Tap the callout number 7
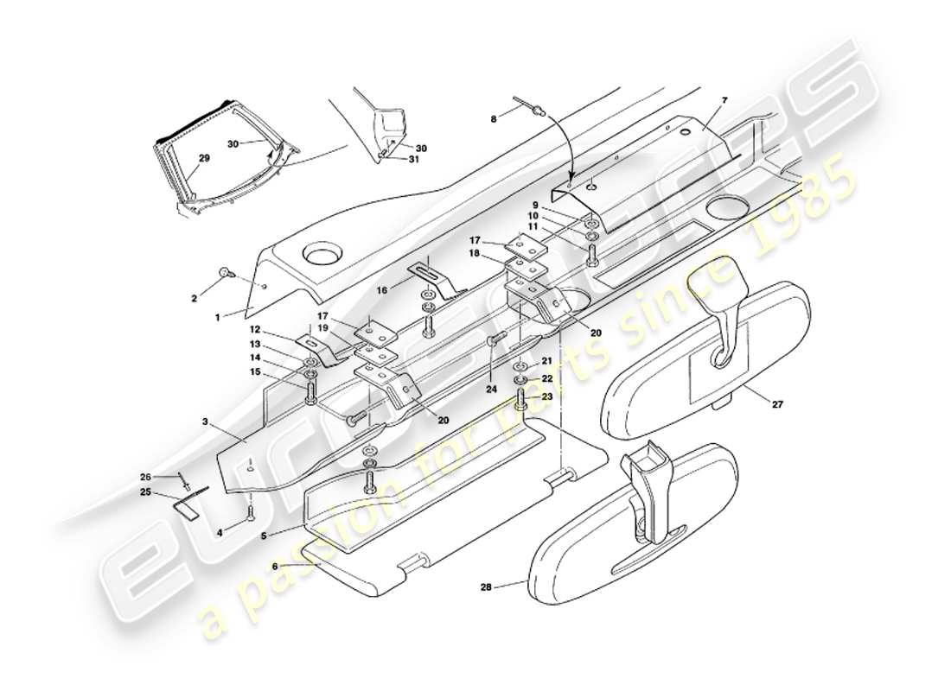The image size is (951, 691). (x=724, y=100)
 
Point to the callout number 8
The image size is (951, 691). (x=494, y=119)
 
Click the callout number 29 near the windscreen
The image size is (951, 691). (x=204, y=158)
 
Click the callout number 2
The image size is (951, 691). (x=195, y=299)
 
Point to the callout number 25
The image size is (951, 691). (x=146, y=493)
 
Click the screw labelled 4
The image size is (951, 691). (x=251, y=515)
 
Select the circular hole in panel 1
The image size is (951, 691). (x=322, y=257)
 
